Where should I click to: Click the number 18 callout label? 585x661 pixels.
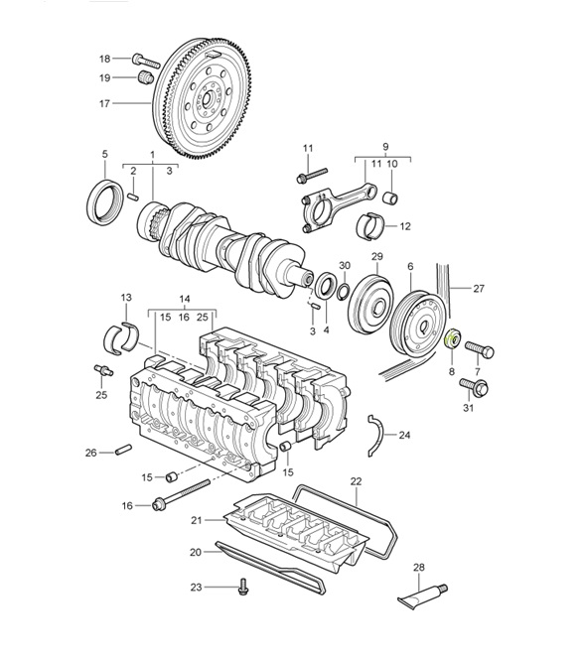tap(104, 59)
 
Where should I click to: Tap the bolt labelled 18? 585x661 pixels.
tap(140, 60)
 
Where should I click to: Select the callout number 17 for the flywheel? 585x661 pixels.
tap(104, 102)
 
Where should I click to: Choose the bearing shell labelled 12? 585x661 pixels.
tap(379, 226)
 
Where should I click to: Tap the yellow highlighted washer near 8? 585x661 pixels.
tap(449, 337)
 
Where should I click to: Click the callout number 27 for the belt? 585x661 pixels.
tap(479, 290)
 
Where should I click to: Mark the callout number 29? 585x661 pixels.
tap(376, 258)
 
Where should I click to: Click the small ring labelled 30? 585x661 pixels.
tap(344, 292)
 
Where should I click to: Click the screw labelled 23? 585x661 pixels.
tap(242, 589)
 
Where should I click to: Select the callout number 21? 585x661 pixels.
tap(196, 520)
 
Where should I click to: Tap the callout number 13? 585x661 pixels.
tap(125, 298)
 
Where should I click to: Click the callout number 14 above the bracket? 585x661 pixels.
tap(184, 298)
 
